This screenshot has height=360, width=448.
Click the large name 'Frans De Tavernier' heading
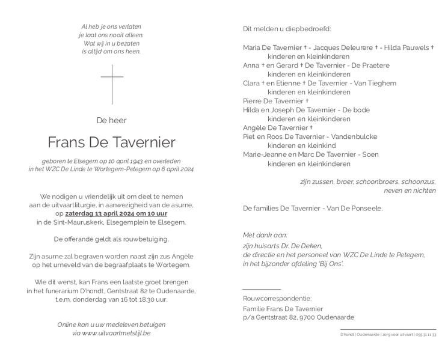pos(112,142)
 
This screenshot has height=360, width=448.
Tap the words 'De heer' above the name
pos(112,121)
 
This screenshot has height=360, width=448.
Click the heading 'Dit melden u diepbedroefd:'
pos(287,29)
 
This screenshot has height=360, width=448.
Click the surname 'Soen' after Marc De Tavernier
pos(370,154)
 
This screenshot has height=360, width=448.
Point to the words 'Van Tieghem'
pos(376,83)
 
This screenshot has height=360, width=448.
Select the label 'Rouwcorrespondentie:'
pos(277,298)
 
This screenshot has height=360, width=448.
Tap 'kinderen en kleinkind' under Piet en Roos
pos(301,145)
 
